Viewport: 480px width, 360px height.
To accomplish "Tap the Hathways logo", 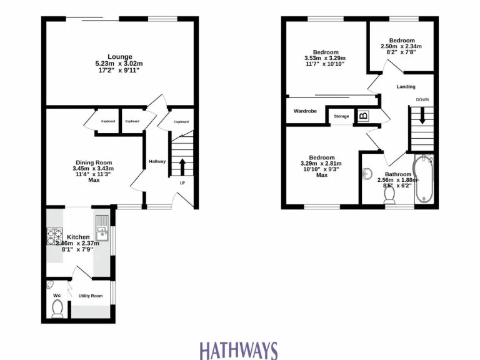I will coord(238,349).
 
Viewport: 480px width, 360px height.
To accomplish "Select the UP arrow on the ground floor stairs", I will coord(182,167).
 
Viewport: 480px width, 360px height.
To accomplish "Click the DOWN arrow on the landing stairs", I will coord(422,116).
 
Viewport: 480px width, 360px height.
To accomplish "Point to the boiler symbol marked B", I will coord(363,116).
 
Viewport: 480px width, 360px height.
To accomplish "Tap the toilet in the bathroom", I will coord(390,195).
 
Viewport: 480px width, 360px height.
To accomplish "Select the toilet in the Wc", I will coord(57,307).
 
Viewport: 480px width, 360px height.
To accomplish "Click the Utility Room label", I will coord(90,296).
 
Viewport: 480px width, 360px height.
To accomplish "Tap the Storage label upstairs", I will coord(341,116).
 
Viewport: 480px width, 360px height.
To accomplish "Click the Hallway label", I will coord(157,162).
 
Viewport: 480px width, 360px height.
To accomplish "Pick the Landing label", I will coord(406,87).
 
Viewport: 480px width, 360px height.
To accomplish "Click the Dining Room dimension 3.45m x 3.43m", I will coord(92,169).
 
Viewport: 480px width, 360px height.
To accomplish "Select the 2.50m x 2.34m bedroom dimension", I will coord(401,46).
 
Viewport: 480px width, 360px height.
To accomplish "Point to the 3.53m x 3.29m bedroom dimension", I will coord(326,58).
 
